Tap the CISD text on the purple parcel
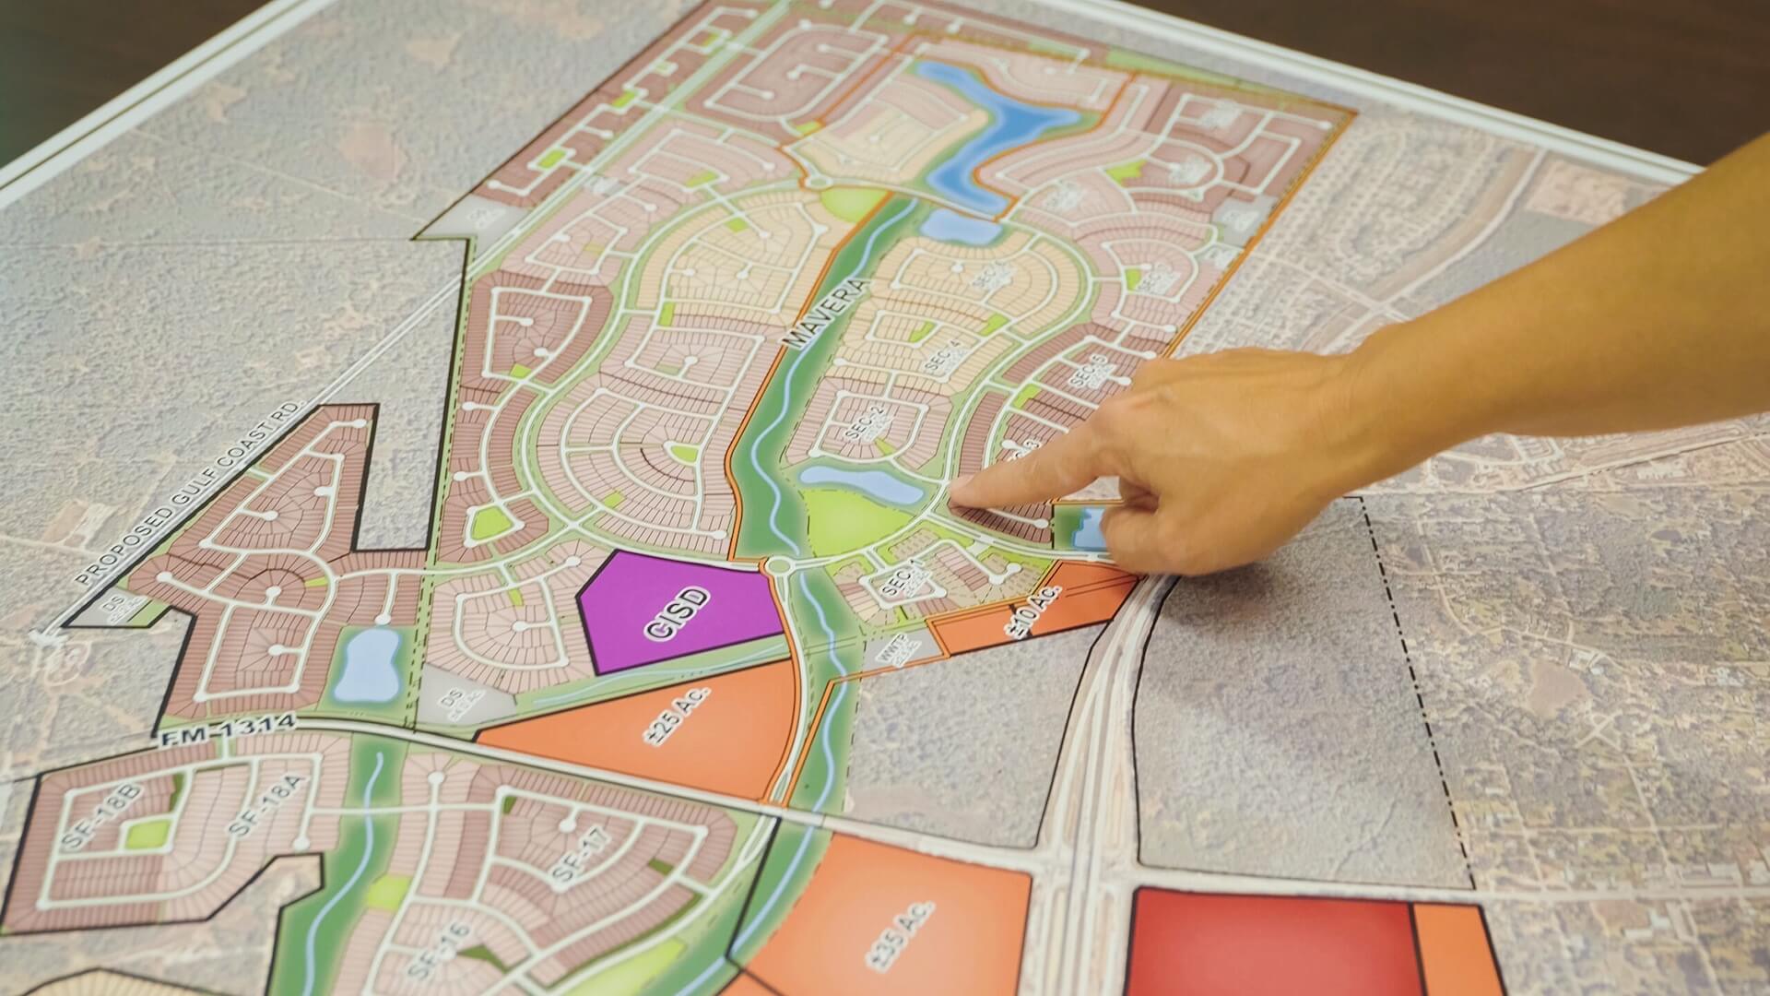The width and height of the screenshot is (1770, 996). click(x=679, y=613)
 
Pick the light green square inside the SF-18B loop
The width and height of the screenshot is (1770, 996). click(x=148, y=834)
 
